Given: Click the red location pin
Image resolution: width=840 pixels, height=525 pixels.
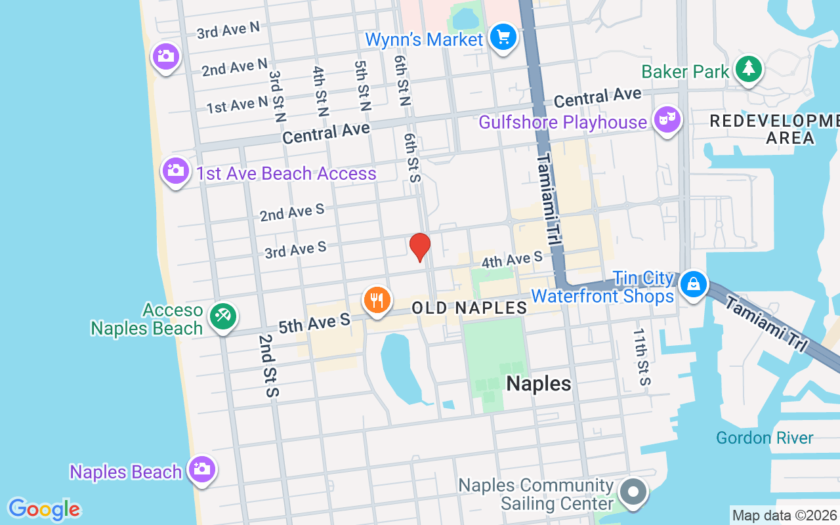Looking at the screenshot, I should (420, 247).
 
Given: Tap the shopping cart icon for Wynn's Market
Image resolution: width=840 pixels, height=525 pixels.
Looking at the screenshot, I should (504, 37).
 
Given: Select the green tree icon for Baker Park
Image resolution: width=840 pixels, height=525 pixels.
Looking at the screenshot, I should (747, 68).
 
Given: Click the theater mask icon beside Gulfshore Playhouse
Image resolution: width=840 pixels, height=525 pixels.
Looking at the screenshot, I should (667, 120).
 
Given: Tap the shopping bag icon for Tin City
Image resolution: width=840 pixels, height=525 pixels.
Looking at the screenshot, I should (693, 284).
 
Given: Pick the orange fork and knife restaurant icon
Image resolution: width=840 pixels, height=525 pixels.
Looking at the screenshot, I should (377, 300).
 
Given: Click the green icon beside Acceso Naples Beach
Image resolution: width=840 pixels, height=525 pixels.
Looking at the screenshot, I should (223, 317).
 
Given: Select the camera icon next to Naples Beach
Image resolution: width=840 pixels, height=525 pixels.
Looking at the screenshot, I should (201, 469).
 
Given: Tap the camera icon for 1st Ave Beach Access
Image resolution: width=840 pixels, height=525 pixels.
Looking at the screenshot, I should (176, 171).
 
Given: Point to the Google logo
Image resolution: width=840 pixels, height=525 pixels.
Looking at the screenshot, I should (44, 509).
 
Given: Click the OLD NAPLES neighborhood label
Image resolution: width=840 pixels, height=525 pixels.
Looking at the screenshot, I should (469, 308).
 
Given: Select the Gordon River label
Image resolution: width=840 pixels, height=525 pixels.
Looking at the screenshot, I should (765, 438).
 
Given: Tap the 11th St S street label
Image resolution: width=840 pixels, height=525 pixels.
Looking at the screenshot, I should (641, 357).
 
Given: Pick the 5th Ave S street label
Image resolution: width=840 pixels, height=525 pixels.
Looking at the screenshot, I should (314, 324).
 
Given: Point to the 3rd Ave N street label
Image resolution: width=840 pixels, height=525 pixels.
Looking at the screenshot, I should (228, 30).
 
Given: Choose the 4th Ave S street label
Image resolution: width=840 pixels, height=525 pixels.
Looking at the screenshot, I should (513, 259).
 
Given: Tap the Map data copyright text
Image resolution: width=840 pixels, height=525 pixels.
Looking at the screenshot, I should (784, 516).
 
